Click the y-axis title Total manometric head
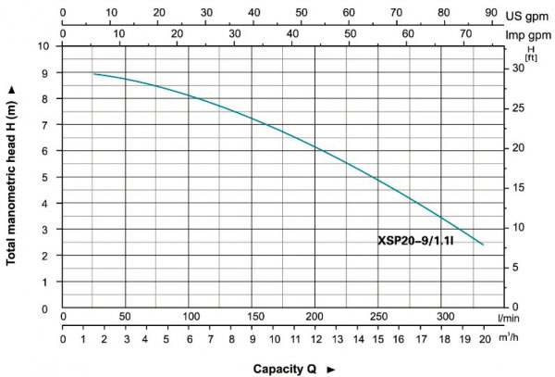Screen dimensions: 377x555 click(11, 174)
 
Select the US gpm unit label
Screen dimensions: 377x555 click(528, 15)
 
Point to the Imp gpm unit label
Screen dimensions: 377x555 click(526, 33)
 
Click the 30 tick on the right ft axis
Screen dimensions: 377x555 click(519, 69)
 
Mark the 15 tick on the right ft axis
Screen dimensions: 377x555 click(519, 188)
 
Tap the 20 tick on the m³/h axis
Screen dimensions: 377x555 click(485, 339)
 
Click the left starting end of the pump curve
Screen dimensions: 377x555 click(94, 74)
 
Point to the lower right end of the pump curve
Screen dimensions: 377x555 click(482, 245)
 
